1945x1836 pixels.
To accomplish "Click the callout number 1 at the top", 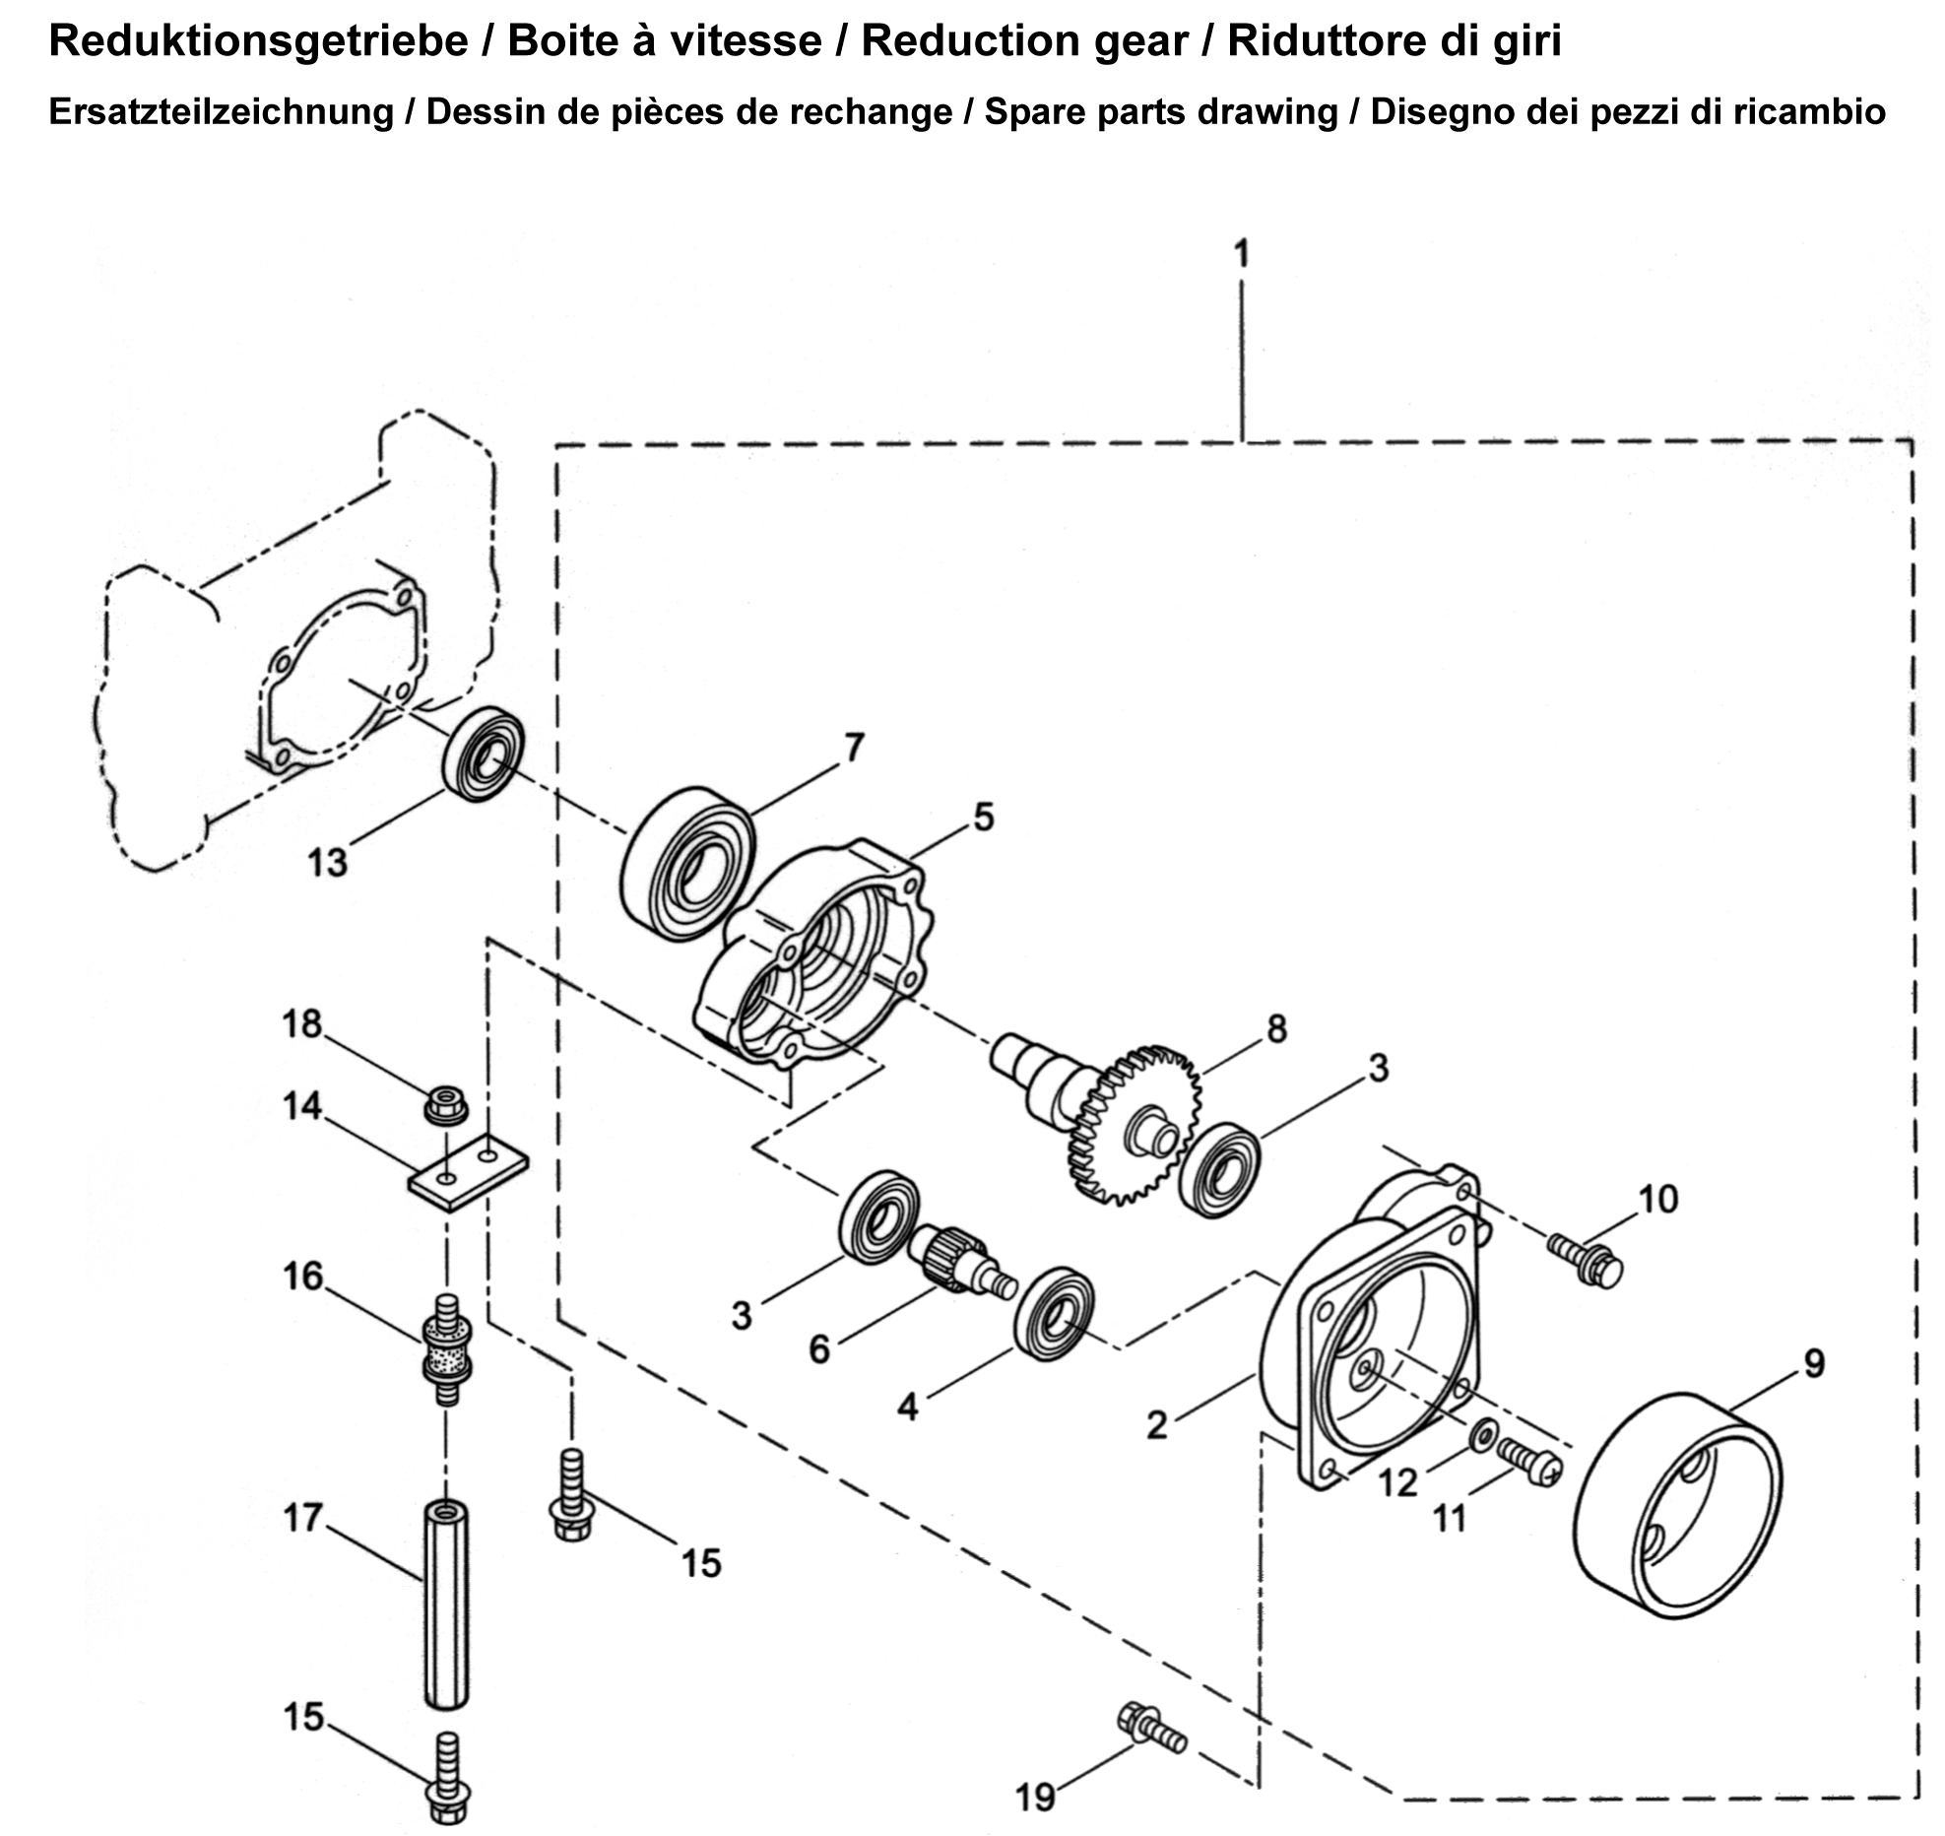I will click(x=1242, y=254).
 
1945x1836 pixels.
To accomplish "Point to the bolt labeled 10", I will click(x=1585, y=1261).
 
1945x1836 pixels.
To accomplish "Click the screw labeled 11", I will click(x=1528, y=1461).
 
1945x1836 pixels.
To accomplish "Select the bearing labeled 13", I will click(x=484, y=754).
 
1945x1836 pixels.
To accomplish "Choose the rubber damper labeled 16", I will click(x=446, y=1349).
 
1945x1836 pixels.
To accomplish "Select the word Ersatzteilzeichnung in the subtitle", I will click(x=221, y=112).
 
